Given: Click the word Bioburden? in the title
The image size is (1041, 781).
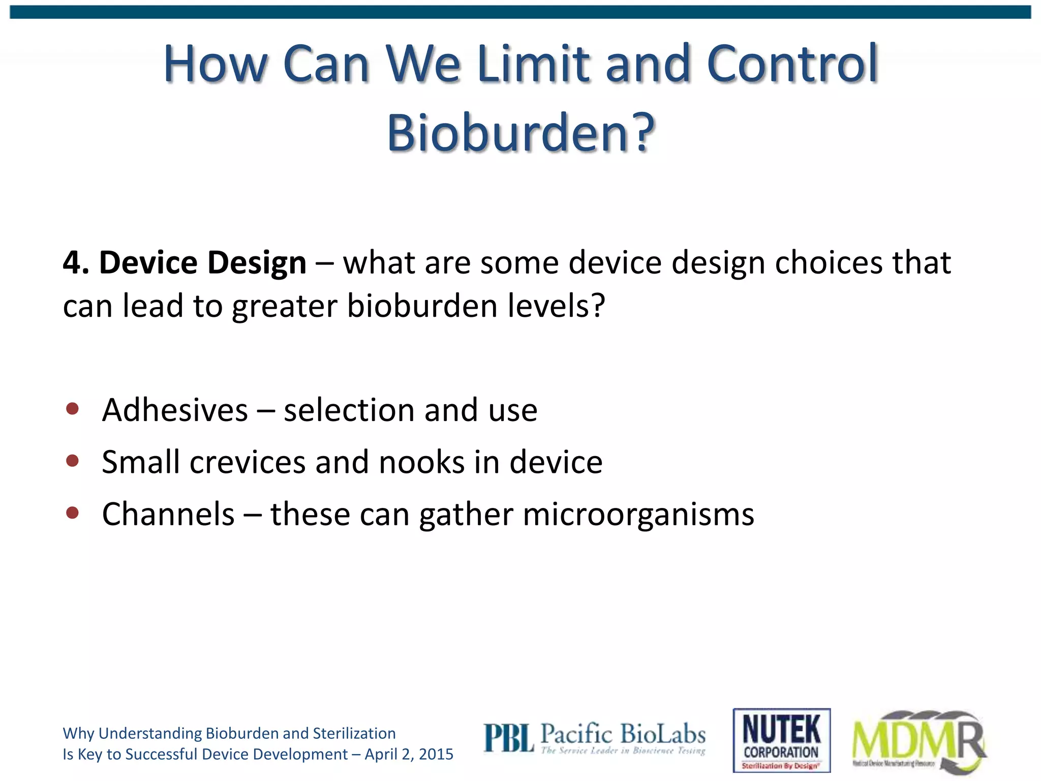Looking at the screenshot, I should (520, 133).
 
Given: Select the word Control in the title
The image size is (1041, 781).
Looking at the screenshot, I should (792, 65).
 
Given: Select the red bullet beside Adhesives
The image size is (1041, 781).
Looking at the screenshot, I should (72, 409).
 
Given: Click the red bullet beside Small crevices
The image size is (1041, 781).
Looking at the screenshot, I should (72, 461).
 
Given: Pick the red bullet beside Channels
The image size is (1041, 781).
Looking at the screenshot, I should (72, 513).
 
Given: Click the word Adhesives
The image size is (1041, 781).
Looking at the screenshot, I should (175, 410).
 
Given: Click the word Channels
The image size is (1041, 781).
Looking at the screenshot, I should (168, 514).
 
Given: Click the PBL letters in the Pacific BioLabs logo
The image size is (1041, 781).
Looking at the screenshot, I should (508, 738).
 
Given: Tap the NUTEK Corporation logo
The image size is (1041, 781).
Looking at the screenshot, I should (781, 740).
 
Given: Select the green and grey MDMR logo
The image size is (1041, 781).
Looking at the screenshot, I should (919, 741).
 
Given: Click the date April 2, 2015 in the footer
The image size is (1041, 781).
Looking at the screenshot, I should (409, 754).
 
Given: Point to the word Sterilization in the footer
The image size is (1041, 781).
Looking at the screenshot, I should (354, 733).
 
